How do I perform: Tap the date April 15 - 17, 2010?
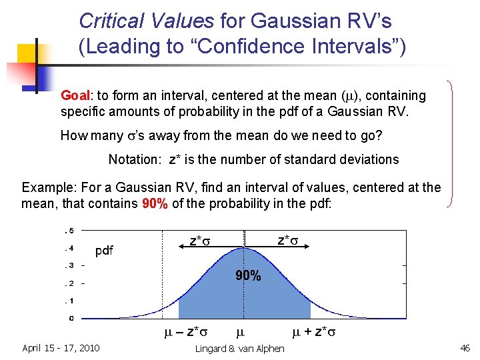click(x=61, y=347)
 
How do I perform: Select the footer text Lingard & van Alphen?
click(x=239, y=349)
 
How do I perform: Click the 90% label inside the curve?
click(x=247, y=275)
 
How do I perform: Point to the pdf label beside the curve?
click(x=104, y=251)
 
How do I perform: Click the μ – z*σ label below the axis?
click(x=186, y=331)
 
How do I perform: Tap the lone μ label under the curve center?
click(x=241, y=331)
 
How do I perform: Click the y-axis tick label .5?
click(x=68, y=231)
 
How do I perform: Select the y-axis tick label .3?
click(x=68, y=265)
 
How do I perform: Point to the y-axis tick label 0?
click(x=71, y=318)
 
